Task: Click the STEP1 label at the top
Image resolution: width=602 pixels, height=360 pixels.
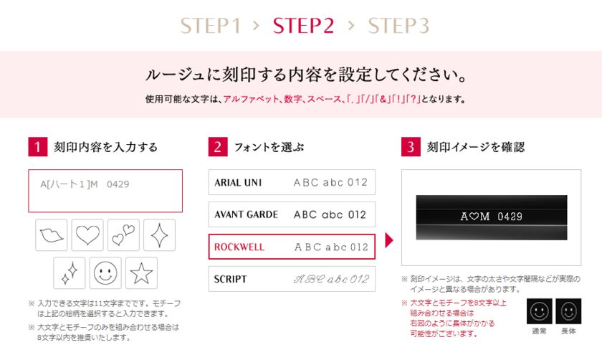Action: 210,27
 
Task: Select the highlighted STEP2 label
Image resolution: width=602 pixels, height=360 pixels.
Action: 303,27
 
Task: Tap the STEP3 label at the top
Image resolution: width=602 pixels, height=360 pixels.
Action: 398,27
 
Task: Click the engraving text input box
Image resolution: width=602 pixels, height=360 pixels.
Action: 105,191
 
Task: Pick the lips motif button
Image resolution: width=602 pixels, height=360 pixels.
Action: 52,235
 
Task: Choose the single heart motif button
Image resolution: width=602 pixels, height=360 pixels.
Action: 87,235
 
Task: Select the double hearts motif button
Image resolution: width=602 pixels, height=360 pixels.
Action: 123,235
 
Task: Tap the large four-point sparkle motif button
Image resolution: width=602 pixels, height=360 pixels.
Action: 159,235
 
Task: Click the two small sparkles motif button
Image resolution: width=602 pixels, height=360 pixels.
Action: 70,273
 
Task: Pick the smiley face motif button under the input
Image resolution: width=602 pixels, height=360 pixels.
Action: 105,273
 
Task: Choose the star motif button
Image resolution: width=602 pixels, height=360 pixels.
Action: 141,273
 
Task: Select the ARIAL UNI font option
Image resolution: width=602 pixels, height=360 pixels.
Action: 292,182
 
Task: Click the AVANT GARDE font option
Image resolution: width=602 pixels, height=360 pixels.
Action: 292,214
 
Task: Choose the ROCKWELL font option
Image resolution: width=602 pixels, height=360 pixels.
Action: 292,247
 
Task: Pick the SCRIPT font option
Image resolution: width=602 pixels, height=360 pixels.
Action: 292,279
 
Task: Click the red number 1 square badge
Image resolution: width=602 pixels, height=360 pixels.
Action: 37,147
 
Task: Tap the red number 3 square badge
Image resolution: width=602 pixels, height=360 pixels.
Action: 410,147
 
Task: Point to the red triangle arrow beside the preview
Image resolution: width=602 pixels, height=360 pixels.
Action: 390,240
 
